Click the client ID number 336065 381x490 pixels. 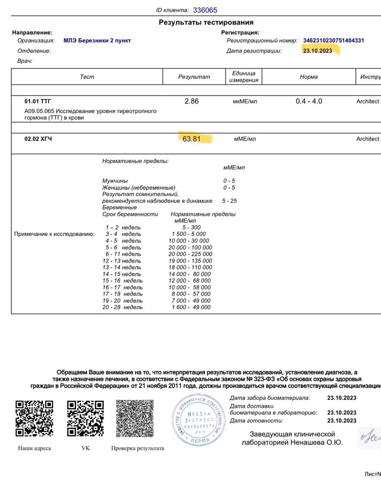click(205, 10)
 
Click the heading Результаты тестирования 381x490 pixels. click(206, 23)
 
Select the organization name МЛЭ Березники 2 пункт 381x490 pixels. click(97, 41)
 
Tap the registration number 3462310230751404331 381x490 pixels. click(333, 41)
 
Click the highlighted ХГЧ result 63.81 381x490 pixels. click(191, 139)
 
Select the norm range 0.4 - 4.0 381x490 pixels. click(308, 101)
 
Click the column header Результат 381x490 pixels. click(194, 77)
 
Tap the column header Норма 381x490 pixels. click(308, 77)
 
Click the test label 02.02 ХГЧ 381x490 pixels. click(38, 139)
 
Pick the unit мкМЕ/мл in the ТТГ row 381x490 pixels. click(245, 101)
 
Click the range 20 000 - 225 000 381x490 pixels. click(190, 254)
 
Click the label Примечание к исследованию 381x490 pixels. click(54, 234)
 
